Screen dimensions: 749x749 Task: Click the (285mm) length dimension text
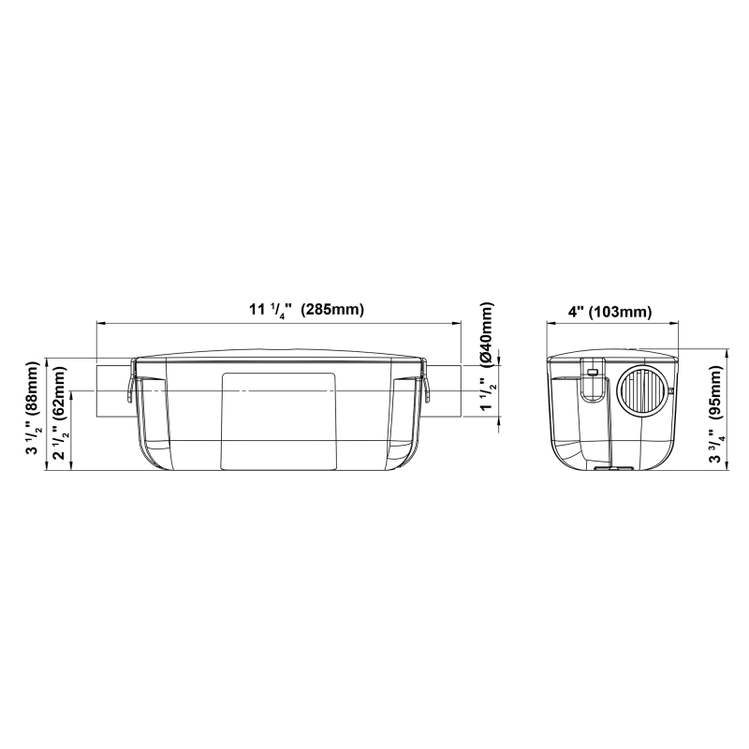pyautogui.click(x=332, y=310)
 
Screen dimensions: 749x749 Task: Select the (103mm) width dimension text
pyautogui.click(x=620, y=312)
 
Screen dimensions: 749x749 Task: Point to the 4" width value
pyautogui.click(x=576, y=312)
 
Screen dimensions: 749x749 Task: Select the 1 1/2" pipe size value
pyautogui.click(x=487, y=393)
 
